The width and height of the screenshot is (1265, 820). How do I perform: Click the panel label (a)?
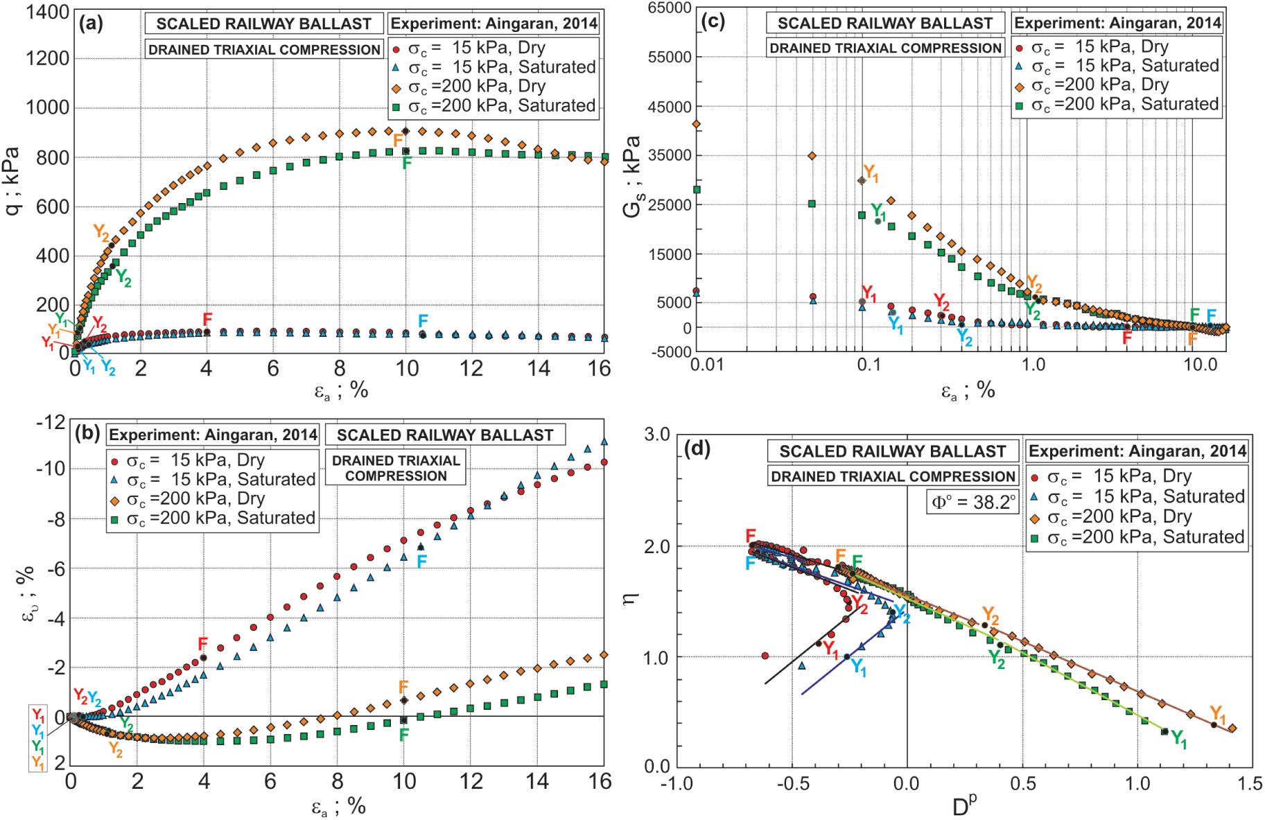click(x=91, y=24)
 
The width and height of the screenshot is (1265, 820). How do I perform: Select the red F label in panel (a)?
click(x=207, y=319)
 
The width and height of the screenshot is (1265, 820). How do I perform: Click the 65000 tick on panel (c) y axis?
click(x=663, y=8)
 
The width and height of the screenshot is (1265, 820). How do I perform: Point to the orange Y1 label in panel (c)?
click(x=871, y=174)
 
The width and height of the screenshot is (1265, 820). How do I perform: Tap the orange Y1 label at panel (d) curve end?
click(x=1218, y=714)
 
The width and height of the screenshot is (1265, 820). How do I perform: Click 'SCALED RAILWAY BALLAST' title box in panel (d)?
click(x=892, y=451)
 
